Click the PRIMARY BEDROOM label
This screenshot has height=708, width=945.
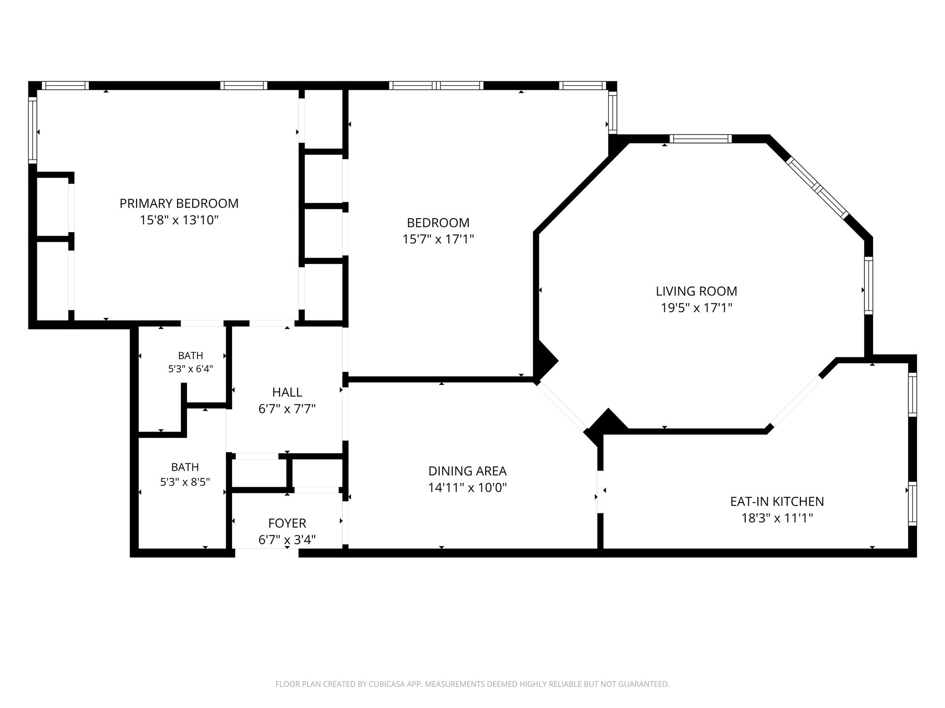pyautogui.click(x=179, y=203)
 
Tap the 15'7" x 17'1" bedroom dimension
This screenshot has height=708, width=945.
pyautogui.click(x=438, y=239)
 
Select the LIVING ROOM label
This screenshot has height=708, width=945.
pyautogui.click(x=696, y=291)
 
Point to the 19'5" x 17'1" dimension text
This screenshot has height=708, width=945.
pyautogui.click(x=696, y=308)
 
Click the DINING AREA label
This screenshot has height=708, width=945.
pyautogui.click(x=467, y=471)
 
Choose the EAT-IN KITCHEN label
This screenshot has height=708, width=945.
pyautogui.click(x=777, y=501)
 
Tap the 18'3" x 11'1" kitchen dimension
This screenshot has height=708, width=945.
pyautogui.click(x=777, y=518)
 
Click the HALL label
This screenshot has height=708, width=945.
pyautogui.click(x=287, y=392)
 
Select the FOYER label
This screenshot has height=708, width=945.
pyautogui.click(x=287, y=523)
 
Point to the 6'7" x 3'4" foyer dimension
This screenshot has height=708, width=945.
pyautogui.click(x=287, y=539)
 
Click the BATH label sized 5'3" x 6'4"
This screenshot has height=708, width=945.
pyautogui.click(x=190, y=355)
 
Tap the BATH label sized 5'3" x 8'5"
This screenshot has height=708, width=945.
pyautogui.click(x=185, y=467)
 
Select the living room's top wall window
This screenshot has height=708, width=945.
pyautogui.click(x=701, y=139)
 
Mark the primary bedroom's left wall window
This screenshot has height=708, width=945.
pyautogui.click(x=33, y=130)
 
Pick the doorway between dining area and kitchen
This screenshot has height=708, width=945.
pyautogui.click(x=601, y=492)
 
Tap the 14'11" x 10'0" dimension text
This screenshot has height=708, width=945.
pyautogui.click(x=467, y=488)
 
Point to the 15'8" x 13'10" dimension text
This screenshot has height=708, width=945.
pyautogui.click(x=179, y=220)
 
